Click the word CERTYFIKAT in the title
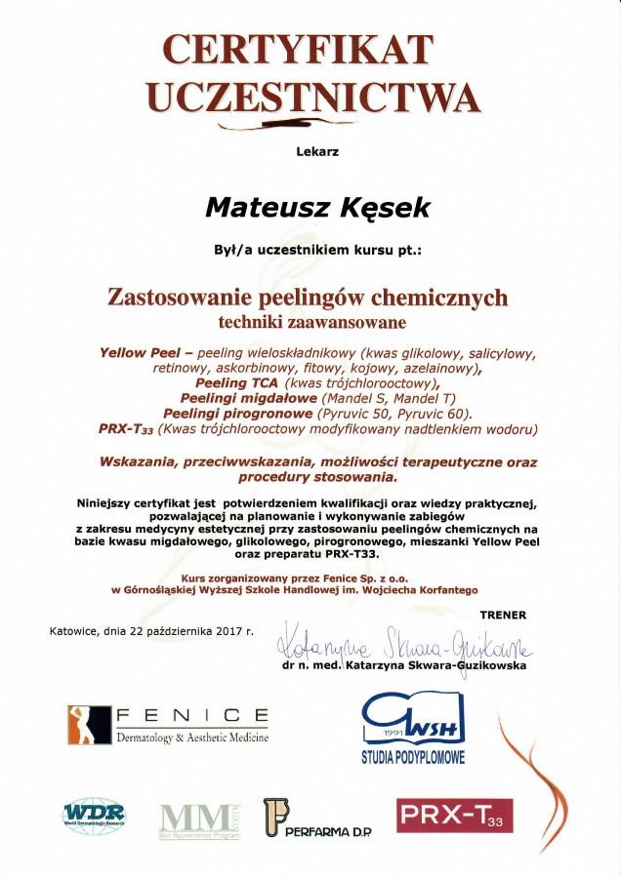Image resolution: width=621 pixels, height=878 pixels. tap(297, 48)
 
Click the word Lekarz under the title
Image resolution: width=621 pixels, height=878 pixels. tap(310, 151)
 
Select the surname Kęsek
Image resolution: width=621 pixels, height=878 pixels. tap(372, 207)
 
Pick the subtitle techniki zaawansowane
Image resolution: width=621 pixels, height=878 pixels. tap(310, 319)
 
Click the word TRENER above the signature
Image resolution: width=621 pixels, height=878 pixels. tap(503, 615)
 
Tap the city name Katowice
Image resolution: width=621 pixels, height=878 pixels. tap(75, 631)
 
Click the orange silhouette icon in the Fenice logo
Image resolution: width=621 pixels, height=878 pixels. tap(85, 724)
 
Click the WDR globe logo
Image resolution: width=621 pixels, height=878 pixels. tap(93, 815)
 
